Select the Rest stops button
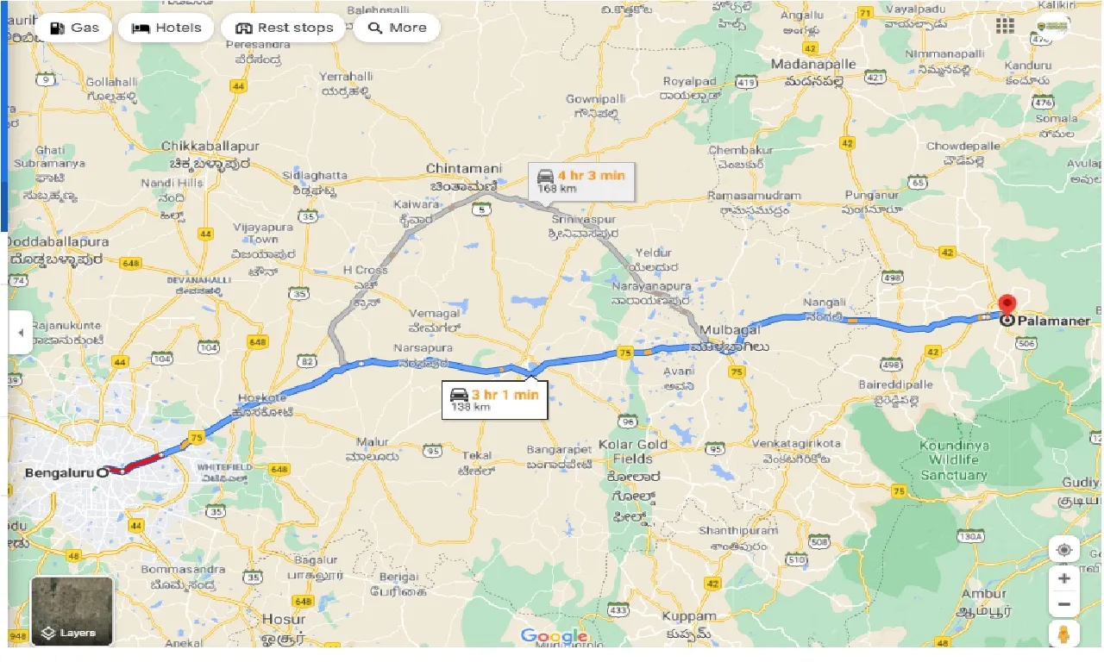click(x=283, y=28)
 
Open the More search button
click(x=397, y=28)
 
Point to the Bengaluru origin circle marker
click(x=103, y=472)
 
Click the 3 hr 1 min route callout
click(x=494, y=399)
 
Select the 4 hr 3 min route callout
click(x=581, y=181)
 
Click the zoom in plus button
click(x=1063, y=578)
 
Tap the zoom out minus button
click(x=1063, y=604)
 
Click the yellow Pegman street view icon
click(x=1063, y=635)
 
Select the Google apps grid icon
click(x=1005, y=26)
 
